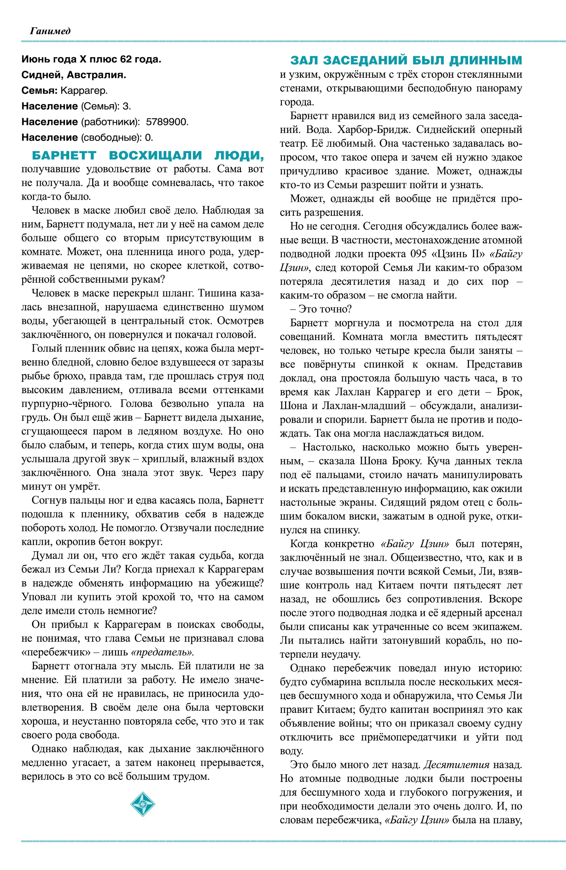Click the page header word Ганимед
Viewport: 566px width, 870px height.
(x=50, y=31)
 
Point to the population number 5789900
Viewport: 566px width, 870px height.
(x=167, y=122)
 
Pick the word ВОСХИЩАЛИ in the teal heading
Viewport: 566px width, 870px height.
(x=155, y=155)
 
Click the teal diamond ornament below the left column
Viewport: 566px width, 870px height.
(x=143, y=804)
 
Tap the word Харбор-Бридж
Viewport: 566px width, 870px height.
(x=374, y=130)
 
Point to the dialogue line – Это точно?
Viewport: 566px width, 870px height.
(x=321, y=309)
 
